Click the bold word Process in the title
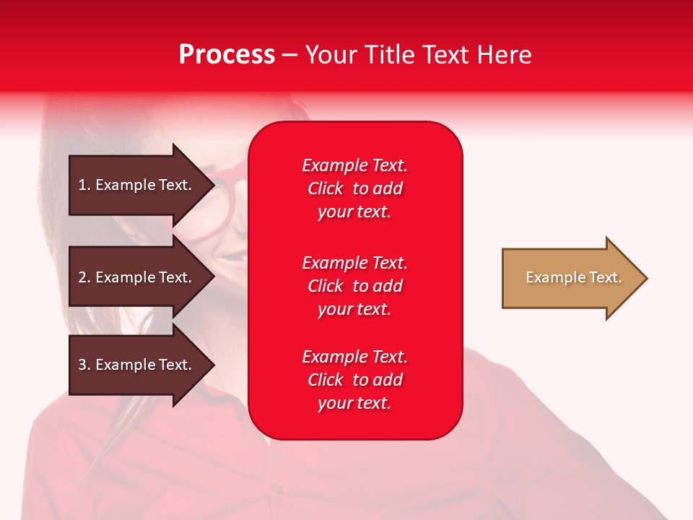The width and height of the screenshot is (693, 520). (x=227, y=55)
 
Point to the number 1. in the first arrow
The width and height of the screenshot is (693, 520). (x=84, y=185)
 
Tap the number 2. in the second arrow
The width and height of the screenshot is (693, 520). (x=84, y=277)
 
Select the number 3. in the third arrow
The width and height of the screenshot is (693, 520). (x=84, y=365)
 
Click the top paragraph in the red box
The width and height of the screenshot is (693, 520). (x=354, y=188)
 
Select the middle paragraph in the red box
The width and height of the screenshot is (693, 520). (x=354, y=286)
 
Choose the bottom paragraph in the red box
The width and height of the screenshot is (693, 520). (x=354, y=380)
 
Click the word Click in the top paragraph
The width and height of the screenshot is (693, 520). (x=326, y=188)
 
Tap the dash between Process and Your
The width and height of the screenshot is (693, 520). (x=289, y=55)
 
